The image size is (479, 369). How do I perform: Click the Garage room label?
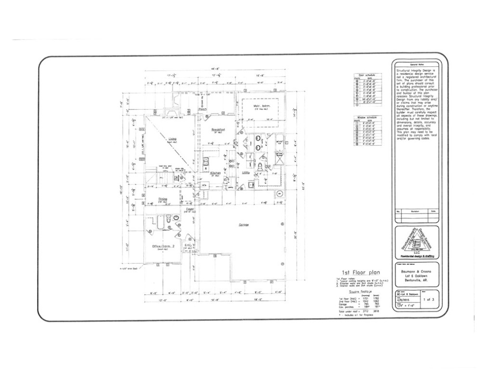243,225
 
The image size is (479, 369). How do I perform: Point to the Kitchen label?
215,173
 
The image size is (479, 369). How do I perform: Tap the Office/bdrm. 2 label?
163,247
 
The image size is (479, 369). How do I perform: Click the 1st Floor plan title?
355,271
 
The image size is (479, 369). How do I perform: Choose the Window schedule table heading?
366,117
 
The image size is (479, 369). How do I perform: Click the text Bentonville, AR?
417,279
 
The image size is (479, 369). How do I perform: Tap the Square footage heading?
349,292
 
